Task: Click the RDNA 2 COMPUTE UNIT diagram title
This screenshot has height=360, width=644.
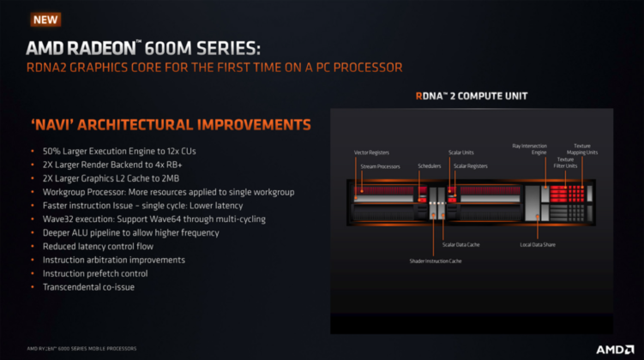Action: pos(471,96)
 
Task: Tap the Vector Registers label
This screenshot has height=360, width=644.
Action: pos(372,153)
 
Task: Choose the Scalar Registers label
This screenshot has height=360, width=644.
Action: pos(471,165)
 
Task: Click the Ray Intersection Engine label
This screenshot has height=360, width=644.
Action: pos(530,149)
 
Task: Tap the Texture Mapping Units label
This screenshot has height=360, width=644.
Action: pos(586,149)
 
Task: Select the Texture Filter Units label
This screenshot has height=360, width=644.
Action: pos(565,162)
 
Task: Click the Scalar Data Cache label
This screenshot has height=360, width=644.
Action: pos(461,245)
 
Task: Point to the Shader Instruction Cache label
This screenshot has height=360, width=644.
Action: pos(435,261)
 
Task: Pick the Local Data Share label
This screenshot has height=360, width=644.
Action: pos(539,245)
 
